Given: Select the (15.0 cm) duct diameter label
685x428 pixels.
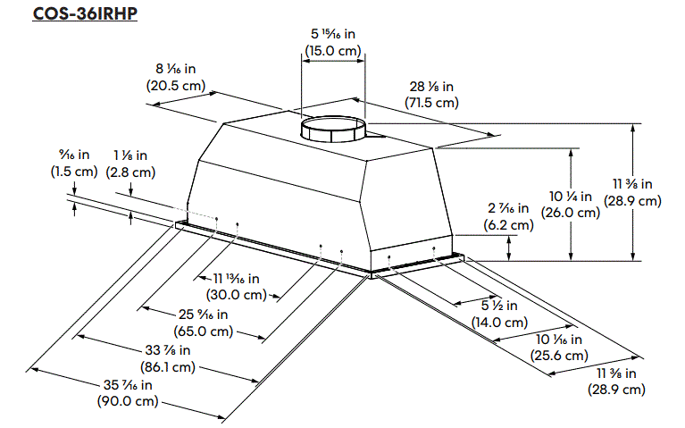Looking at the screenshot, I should (x=330, y=51).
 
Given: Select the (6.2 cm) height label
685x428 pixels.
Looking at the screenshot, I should (x=508, y=225).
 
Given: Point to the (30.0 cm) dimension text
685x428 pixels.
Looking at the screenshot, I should (x=236, y=294).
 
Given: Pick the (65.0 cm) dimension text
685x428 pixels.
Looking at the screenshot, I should (x=203, y=331).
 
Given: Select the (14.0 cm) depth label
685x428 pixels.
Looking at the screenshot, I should (x=496, y=323).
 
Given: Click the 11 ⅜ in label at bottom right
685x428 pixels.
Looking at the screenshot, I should (x=617, y=373).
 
